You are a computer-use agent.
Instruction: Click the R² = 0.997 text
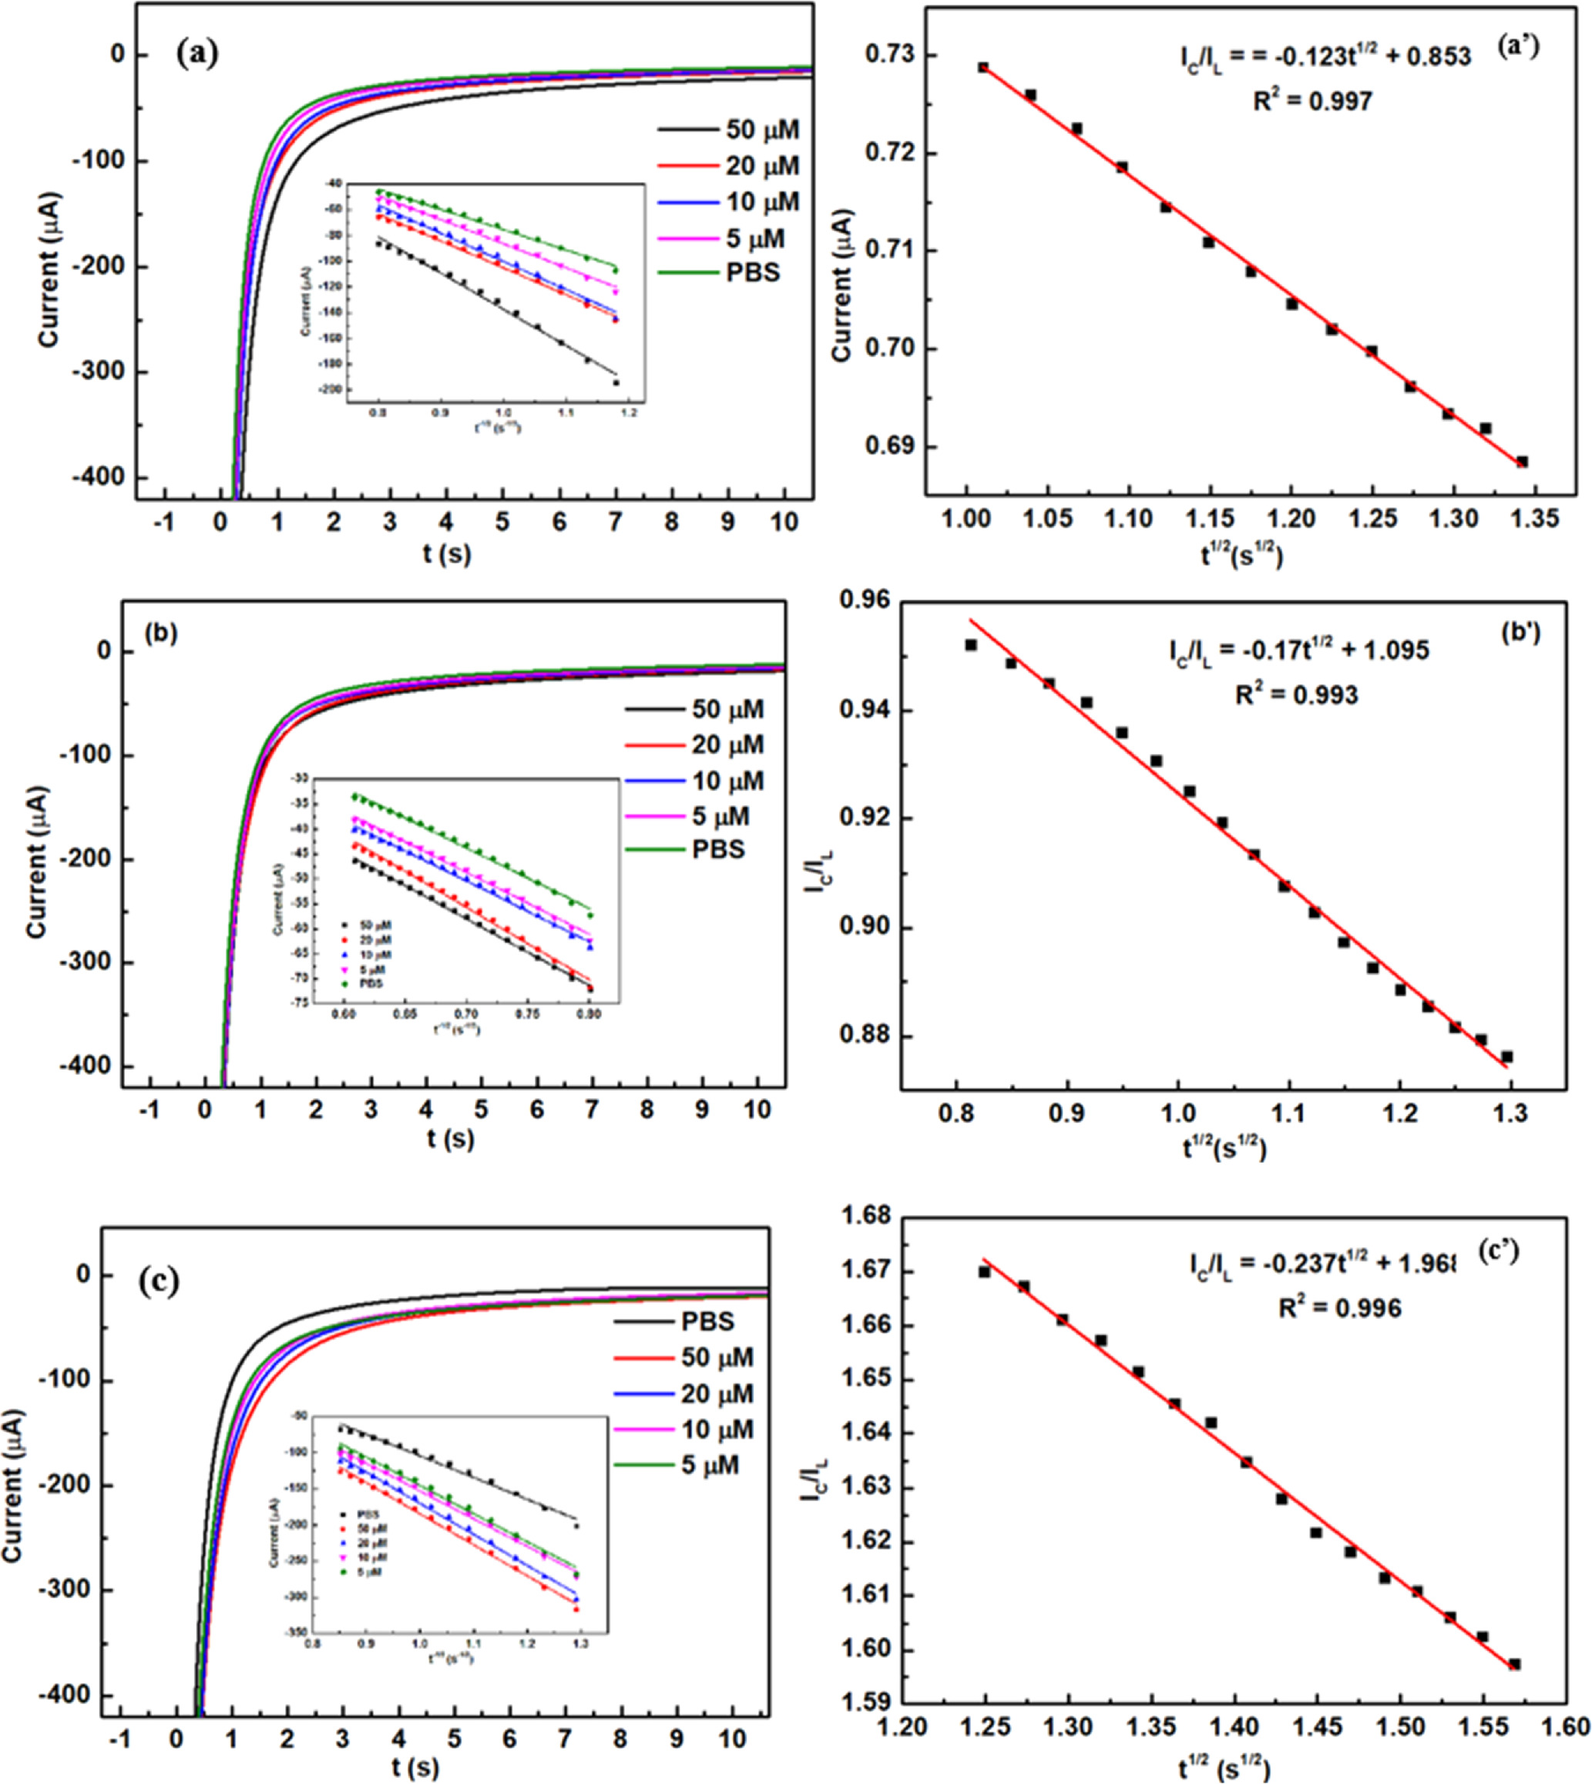click(1312, 102)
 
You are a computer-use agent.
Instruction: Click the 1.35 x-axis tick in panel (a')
click(1535, 519)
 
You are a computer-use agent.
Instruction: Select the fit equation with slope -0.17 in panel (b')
click(1298, 651)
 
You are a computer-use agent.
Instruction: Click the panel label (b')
click(1519, 631)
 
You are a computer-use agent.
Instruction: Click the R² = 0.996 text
click(1338, 1308)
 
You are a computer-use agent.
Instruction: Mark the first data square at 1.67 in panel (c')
click(984, 1272)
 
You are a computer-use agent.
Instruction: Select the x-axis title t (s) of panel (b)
click(451, 1138)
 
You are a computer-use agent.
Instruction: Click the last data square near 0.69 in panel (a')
click(1522, 462)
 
